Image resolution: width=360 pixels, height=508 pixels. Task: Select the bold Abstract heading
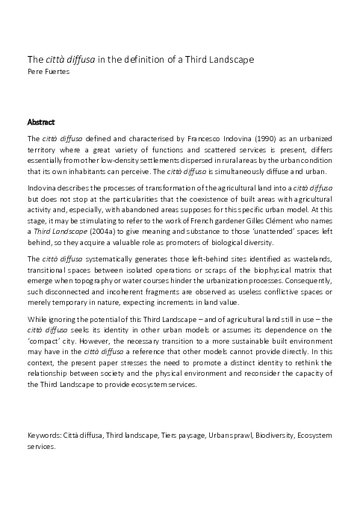pos(40,121)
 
